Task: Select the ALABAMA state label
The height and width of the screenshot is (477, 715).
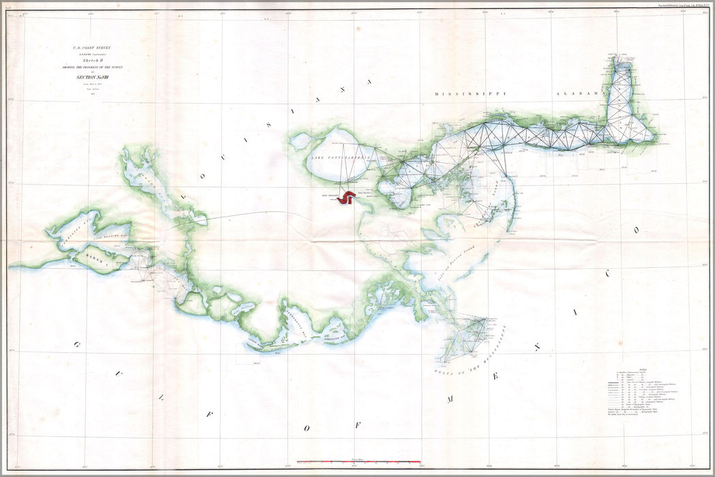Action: [x=581, y=93]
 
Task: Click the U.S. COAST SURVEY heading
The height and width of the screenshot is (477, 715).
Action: [x=91, y=48]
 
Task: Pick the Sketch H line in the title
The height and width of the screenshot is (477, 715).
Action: [x=91, y=59]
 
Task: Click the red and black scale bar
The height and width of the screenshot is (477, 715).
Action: [x=355, y=461]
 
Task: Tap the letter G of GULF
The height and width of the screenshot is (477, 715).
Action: [x=77, y=345]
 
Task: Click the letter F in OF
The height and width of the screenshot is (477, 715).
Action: [x=357, y=425]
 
